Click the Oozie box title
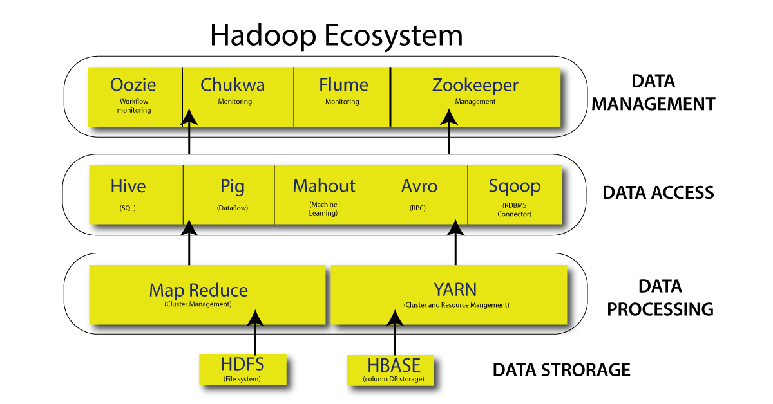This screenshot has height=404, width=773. pos(133,85)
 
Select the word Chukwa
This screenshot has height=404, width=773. pos(233,85)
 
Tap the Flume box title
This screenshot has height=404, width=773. pos(343,85)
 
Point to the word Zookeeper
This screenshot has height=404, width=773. pos(475,85)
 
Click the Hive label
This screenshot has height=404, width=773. pos(128,187)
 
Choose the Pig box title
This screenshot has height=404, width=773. pos(232,187)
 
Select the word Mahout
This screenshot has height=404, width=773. pos(324,187)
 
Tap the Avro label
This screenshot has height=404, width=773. pos(419,187)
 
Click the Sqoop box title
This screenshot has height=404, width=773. pos(514,187)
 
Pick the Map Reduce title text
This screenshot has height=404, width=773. pos(198,290)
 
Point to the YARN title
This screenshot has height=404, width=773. pos(455,289)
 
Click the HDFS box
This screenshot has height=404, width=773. pos(242,369)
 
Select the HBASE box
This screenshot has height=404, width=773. pos(394,371)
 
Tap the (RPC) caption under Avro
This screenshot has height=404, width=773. pos(417,208)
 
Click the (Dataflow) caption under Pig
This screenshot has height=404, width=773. pos(232,208)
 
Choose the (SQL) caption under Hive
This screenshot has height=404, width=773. pos(128,208)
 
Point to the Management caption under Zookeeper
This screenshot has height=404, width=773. pos(475,102)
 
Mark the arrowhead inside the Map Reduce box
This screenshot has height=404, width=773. pos(255,317)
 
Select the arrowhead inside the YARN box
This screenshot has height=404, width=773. pos(394,317)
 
